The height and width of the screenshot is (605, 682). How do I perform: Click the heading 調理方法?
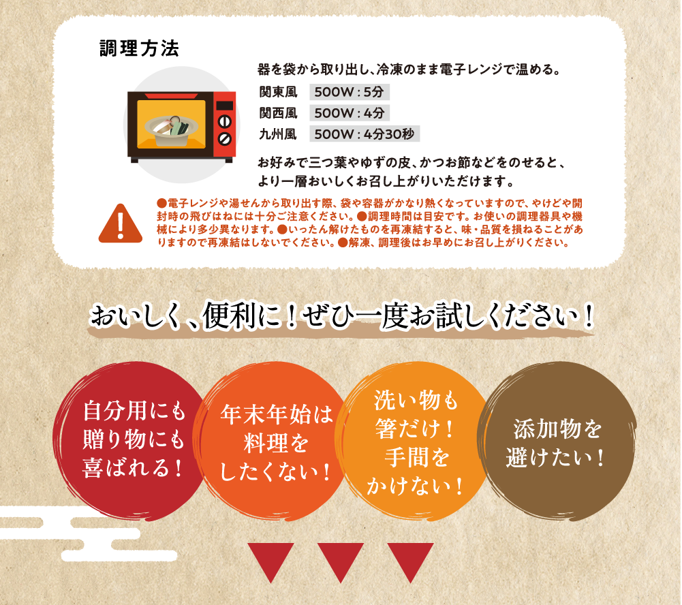[139, 48]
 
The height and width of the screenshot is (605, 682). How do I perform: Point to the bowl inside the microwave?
[171, 129]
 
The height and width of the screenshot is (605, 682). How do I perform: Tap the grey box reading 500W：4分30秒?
[364, 134]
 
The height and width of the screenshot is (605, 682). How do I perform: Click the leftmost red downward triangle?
[270, 561]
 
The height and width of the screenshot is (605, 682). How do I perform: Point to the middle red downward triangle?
[340, 561]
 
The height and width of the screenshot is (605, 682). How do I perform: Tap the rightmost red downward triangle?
[409, 561]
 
